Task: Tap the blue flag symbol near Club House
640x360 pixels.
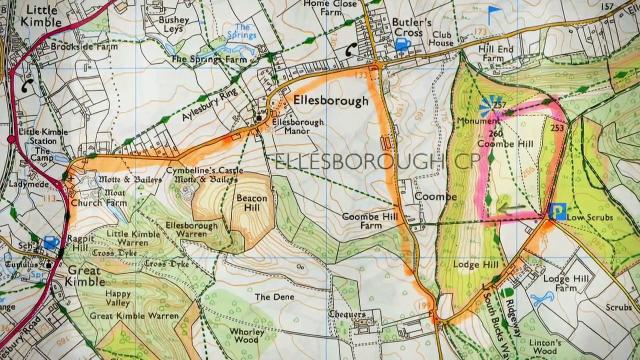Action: [494, 13]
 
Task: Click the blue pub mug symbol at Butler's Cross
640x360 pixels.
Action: [402, 44]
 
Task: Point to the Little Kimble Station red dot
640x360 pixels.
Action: [11, 138]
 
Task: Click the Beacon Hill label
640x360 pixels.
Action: [252, 202]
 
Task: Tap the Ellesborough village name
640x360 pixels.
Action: [330, 100]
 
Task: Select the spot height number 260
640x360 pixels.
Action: [495, 133]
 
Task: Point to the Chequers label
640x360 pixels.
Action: [347, 314]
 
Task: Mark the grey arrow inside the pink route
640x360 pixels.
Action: [511, 207]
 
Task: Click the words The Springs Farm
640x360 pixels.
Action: [209, 59]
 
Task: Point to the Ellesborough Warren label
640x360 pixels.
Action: [191, 229]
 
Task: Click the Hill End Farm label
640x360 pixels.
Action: [495, 53]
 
